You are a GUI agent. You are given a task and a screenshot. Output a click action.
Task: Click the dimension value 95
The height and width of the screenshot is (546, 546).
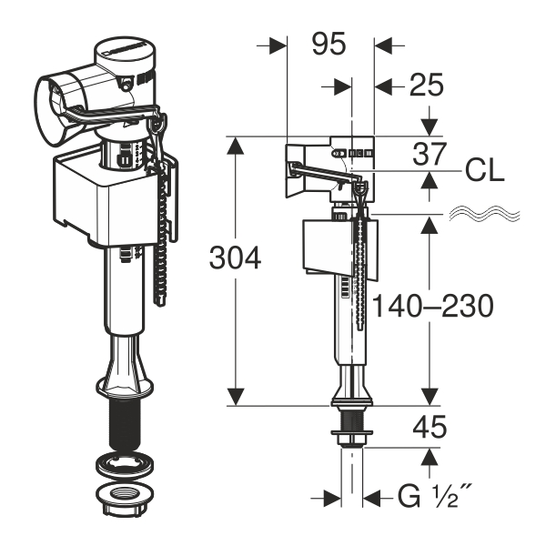click(x=329, y=45)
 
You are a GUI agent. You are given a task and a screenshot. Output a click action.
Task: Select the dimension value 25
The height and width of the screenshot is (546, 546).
click(x=426, y=85)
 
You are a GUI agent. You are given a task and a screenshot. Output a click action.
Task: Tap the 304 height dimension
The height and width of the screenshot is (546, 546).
click(x=235, y=258)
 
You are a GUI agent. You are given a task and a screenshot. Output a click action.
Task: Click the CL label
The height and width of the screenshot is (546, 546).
click(x=485, y=171)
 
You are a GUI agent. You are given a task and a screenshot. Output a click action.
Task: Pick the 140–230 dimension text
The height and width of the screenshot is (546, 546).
click(x=433, y=306)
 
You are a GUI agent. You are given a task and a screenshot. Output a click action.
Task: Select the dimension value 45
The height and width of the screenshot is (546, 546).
click(x=430, y=427)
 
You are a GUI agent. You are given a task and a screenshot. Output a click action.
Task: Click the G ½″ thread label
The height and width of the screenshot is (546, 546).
click(x=434, y=497)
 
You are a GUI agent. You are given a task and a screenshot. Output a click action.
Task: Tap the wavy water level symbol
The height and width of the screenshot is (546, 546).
click(x=484, y=213)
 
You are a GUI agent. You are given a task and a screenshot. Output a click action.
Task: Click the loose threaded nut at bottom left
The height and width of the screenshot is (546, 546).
click(x=125, y=500)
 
